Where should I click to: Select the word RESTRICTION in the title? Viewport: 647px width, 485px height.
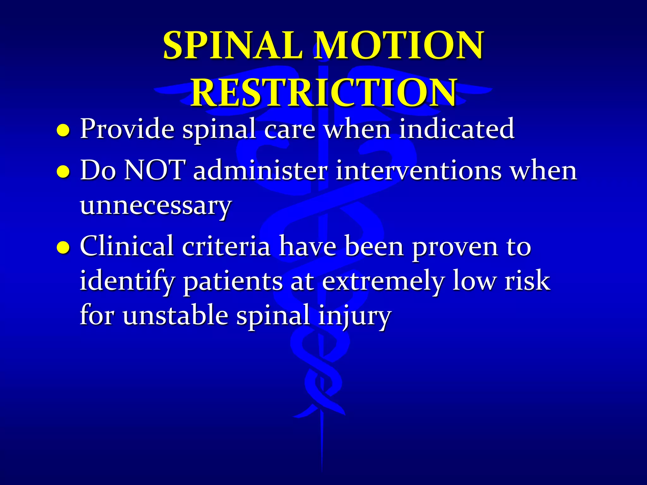click(x=323, y=92)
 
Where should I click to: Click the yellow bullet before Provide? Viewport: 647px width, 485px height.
click(x=63, y=130)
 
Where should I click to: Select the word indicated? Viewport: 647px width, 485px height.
click(x=456, y=129)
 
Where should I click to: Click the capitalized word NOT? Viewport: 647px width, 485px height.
click(x=153, y=171)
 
